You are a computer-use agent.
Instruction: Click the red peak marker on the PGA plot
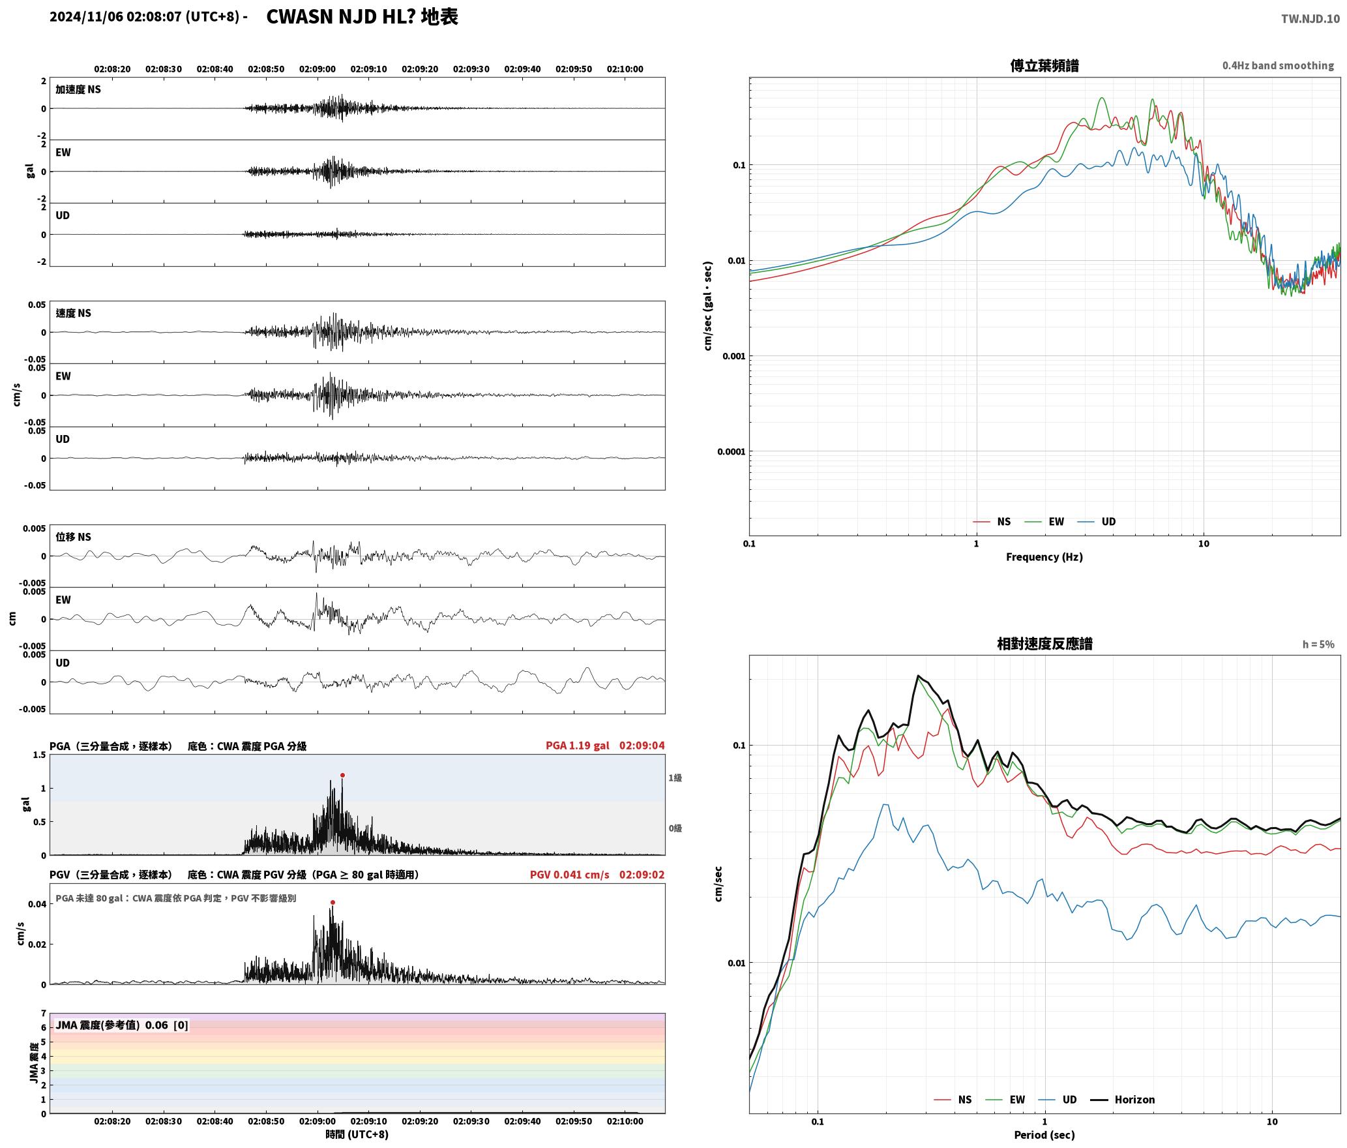pyautogui.click(x=342, y=775)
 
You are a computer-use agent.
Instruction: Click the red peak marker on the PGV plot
pyautogui.click(x=333, y=902)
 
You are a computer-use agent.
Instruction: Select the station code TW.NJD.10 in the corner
pyautogui.click(x=1310, y=19)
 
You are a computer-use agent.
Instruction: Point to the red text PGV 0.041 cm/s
pyautogui.click(x=570, y=875)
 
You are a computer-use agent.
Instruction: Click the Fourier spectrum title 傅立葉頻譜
pyautogui.click(x=1044, y=65)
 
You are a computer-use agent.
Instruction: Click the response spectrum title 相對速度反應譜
pyautogui.click(x=1044, y=644)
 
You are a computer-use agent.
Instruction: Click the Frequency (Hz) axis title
pyautogui.click(x=1044, y=556)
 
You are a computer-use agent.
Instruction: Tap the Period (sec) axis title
pyautogui.click(x=1044, y=1135)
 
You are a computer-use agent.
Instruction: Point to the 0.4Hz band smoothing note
pyautogui.click(x=1278, y=66)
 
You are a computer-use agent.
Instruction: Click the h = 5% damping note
pyautogui.click(x=1318, y=644)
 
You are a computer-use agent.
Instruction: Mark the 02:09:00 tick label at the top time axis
pyautogui.click(x=318, y=69)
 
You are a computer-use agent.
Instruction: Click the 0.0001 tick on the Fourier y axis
pyautogui.click(x=731, y=451)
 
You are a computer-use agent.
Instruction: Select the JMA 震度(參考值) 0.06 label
pyautogui.click(x=111, y=1025)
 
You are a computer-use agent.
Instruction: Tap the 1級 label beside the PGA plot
pyautogui.click(x=675, y=778)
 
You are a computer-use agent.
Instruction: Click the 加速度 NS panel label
pyautogui.click(x=78, y=89)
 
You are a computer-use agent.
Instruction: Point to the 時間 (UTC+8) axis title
pyautogui.click(x=357, y=1134)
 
